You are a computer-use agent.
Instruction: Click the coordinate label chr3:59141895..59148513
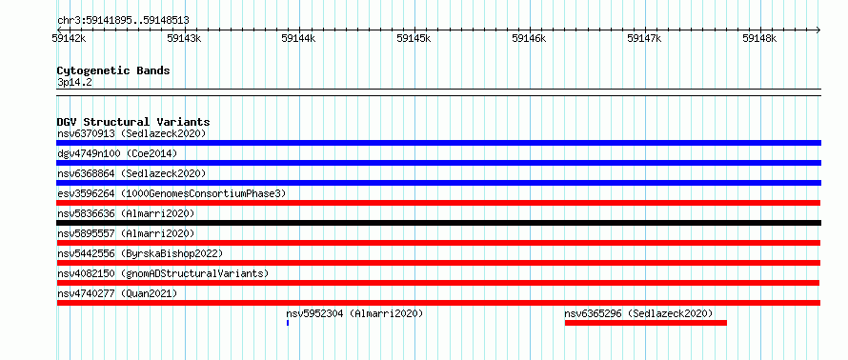(x=123, y=21)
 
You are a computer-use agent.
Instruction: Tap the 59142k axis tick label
(x=69, y=38)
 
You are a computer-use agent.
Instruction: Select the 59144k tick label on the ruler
(x=299, y=38)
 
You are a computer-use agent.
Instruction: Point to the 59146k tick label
(x=530, y=38)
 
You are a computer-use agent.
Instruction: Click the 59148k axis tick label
(x=759, y=38)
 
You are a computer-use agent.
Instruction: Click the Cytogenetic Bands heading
(x=113, y=70)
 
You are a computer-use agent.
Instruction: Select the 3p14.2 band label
(x=74, y=83)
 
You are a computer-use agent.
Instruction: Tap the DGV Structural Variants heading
(x=133, y=122)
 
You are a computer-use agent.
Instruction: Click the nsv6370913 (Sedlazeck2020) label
(x=131, y=133)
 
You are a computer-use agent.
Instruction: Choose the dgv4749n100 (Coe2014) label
(x=117, y=153)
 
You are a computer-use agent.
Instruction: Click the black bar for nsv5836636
(x=438, y=223)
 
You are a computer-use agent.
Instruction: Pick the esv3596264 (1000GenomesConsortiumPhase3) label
(x=172, y=193)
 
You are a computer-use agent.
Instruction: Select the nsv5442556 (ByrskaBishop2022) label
(x=140, y=253)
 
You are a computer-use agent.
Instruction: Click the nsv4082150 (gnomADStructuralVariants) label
(x=163, y=273)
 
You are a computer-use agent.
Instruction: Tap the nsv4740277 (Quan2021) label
(x=117, y=293)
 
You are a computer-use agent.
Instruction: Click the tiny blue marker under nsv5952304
(x=288, y=323)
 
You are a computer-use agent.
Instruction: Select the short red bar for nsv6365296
(x=646, y=323)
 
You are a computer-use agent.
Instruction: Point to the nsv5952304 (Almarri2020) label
(x=354, y=313)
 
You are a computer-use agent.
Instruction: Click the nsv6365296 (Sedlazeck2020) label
(x=638, y=313)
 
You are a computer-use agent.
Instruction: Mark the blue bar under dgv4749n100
(x=438, y=163)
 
